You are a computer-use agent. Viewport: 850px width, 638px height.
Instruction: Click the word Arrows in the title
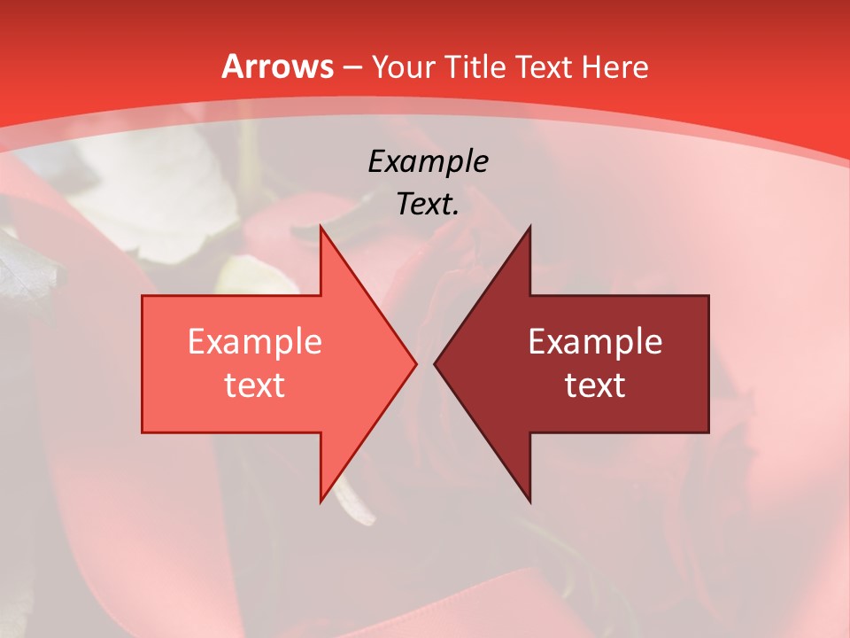point(277,66)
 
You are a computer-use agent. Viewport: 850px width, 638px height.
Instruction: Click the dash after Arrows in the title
point(352,68)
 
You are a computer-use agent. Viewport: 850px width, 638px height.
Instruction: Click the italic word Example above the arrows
point(429,161)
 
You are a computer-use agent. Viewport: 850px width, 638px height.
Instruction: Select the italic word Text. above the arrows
point(429,205)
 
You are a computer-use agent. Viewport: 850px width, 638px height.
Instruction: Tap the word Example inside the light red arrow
point(255,341)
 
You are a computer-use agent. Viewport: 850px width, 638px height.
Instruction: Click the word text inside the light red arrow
point(255,385)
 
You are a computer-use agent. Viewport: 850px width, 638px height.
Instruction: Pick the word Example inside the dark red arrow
point(595,341)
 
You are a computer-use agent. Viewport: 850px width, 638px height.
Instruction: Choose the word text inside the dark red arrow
point(595,385)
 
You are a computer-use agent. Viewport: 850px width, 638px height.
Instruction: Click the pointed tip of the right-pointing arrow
point(416,363)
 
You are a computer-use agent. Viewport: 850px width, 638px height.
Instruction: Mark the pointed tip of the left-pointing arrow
point(434,363)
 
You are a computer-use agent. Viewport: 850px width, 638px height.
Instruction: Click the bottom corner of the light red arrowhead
point(321,502)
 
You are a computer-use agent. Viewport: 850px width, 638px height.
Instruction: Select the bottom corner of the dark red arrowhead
point(529,502)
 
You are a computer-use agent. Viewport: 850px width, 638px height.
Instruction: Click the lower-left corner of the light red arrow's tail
point(143,432)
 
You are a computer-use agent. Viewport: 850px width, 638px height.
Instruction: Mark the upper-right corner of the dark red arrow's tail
point(708,296)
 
